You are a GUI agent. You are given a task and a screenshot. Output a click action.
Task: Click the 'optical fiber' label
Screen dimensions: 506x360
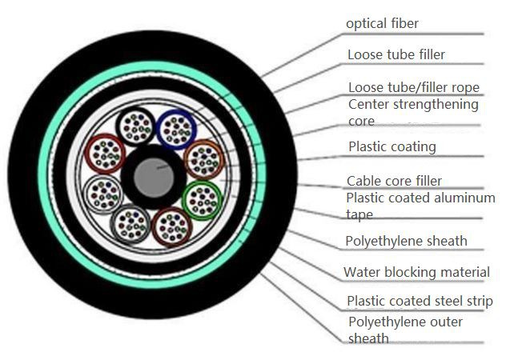pyautogui.click(x=382, y=24)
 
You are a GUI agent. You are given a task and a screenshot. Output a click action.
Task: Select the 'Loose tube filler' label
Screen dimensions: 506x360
pyautogui.click(x=396, y=54)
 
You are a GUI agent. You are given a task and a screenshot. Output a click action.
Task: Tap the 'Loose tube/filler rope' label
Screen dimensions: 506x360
pyautogui.click(x=414, y=87)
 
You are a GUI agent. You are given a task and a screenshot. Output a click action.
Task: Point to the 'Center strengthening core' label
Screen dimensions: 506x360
pyautogui.click(x=413, y=113)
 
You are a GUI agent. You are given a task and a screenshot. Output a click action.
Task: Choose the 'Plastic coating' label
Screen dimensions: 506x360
pyautogui.click(x=392, y=146)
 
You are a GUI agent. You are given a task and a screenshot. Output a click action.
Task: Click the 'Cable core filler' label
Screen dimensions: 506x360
pyautogui.click(x=394, y=181)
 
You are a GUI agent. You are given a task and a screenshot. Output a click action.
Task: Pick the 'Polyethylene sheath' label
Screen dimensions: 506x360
pyautogui.click(x=406, y=241)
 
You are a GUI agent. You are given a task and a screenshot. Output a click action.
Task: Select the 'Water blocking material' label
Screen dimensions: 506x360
pyautogui.click(x=416, y=272)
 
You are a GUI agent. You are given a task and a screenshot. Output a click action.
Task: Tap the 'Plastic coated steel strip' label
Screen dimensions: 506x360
pyautogui.click(x=420, y=301)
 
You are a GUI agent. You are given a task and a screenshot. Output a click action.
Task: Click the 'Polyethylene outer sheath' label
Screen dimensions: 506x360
pyautogui.click(x=406, y=330)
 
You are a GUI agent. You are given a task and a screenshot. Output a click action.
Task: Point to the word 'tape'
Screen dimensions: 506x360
pyautogui.click(x=359, y=214)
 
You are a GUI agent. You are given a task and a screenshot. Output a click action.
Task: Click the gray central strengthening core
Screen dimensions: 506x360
pyautogui.click(x=154, y=178)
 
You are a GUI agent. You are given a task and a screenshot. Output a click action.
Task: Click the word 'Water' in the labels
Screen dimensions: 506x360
pyautogui.click(x=362, y=272)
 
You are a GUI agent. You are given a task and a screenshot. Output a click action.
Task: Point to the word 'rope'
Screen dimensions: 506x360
pyautogui.click(x=466, y=88)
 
